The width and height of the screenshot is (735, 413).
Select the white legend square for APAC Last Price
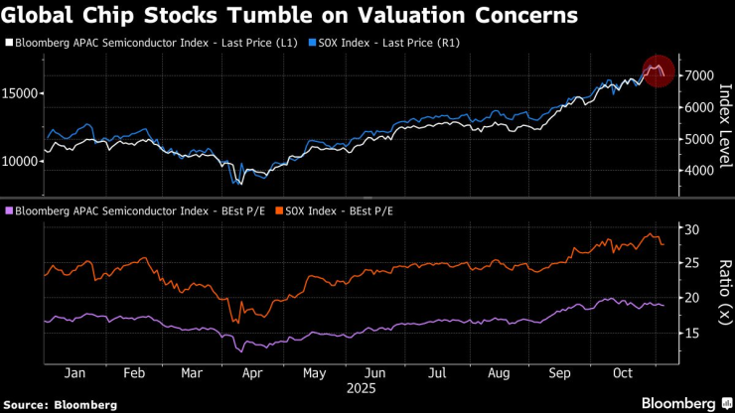coord(8,44)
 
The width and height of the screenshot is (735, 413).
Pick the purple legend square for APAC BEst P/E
coord(8,209)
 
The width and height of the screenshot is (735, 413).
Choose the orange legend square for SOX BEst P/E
coord(279,209)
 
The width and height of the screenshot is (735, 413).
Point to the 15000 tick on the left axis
coord(20,93)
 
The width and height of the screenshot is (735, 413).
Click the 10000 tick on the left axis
coord(20,161)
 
